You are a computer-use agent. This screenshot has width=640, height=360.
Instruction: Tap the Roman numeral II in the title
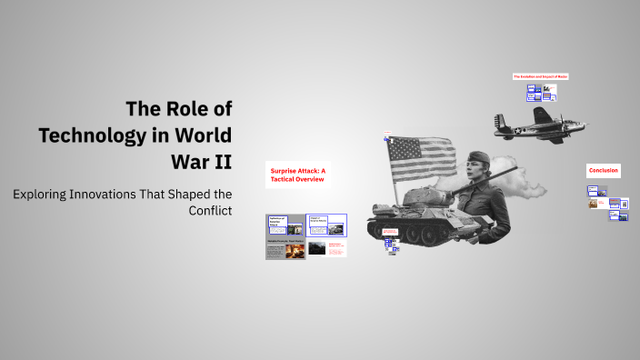pyautogui.click(x=221, y=162)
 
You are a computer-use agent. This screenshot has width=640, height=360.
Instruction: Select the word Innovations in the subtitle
pyautogui.click(x=118, y=194)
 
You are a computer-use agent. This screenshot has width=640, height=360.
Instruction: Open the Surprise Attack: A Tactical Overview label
pyautogui.click(x=296, y=175)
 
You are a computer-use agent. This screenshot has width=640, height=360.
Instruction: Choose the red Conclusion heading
pyautogui.click(x=603, y=171)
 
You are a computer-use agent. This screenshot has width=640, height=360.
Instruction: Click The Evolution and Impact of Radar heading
pyautogui.click(x=541, y=76)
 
